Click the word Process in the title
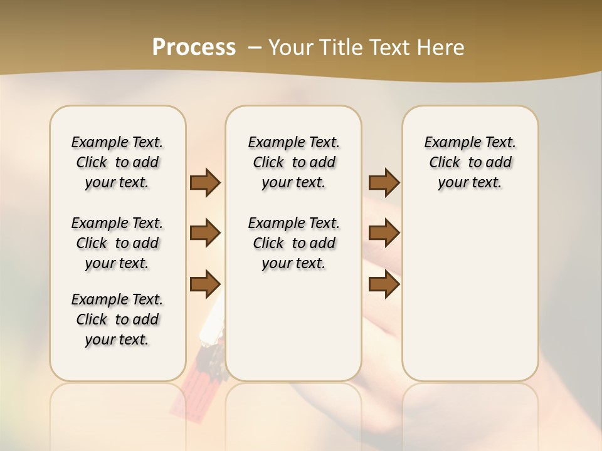(194, 48)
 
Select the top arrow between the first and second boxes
(205, 182)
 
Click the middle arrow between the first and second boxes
(205, 233)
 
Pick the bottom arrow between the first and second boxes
(205, 284)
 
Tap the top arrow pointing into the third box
(384, 182)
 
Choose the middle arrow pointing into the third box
(384, 233)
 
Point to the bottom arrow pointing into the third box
(384, 284)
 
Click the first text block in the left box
(117, 162)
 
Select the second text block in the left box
(117, 243)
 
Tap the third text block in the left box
(117, 319)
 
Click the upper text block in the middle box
(293, 162)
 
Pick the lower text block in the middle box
(293, 243)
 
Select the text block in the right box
(470, 162)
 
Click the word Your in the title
(290, 48)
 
